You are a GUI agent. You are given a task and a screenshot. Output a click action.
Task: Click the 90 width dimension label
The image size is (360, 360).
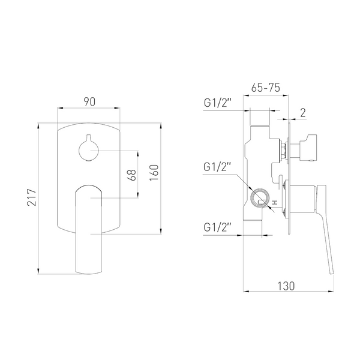89,102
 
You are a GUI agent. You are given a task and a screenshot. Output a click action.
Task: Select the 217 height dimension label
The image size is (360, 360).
32,197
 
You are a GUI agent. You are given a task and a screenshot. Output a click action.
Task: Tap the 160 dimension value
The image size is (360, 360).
154,173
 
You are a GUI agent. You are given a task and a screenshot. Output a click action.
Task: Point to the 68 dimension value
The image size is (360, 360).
133,175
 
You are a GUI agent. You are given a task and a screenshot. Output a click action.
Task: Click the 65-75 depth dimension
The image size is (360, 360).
266,88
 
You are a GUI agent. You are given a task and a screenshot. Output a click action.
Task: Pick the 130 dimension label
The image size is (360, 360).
286,286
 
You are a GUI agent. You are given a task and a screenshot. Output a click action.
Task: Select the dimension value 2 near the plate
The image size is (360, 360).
303,113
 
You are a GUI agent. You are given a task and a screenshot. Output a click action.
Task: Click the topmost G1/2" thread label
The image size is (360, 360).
217,103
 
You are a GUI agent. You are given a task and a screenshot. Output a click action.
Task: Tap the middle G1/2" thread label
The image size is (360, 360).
217,167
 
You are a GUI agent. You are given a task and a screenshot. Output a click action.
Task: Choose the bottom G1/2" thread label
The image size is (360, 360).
217,227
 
